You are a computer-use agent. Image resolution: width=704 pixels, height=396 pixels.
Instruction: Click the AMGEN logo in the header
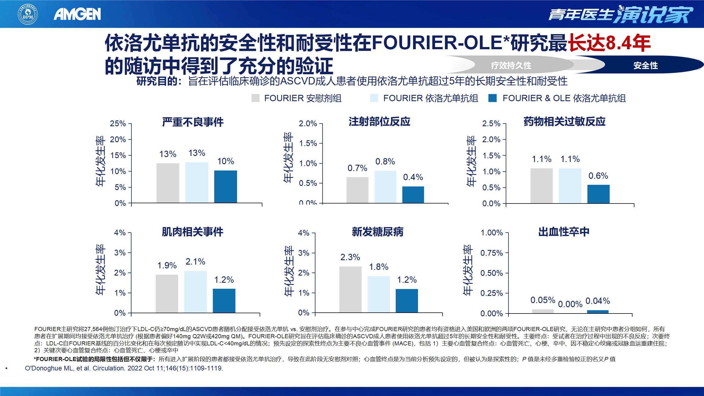click(77, 14)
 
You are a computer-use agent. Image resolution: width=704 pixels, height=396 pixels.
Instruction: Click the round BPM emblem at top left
click(28, 15)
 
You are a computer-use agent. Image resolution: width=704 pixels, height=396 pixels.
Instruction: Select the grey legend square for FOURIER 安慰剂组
click(255, 98)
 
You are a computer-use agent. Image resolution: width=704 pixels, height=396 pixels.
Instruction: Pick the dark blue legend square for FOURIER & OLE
click(493, 98)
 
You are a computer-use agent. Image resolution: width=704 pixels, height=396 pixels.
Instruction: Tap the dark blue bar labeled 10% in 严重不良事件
click(226, 187)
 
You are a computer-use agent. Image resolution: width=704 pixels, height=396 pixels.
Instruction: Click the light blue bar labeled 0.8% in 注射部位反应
click(385, 187)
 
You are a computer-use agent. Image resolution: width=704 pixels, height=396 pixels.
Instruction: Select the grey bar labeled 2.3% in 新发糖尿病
click(350, 289)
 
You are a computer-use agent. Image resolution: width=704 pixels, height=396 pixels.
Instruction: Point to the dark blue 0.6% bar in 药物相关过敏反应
click(598, 194)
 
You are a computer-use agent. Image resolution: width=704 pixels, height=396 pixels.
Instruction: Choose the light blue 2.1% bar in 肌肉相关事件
click(196, 291)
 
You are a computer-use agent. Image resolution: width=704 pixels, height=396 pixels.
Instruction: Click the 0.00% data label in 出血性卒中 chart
click(570, 304)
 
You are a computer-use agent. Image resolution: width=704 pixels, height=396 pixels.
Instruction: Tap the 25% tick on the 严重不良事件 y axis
click(118, 123)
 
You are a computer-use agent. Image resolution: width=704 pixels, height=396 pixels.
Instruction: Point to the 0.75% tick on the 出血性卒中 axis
click(492, 253)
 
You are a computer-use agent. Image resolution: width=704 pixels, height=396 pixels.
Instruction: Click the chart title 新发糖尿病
click(378, 232)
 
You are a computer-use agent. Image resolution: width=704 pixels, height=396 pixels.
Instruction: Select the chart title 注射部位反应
click(380, 122)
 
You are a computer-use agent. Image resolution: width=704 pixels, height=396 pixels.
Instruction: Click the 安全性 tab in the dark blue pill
click(645, 66)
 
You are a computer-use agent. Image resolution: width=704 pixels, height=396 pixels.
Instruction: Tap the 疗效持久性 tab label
click(511, 66)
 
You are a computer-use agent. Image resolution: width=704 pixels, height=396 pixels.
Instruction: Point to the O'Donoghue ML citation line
click(124, 368)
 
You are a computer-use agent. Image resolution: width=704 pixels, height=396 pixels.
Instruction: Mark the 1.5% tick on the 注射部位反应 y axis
click(308, 143)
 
